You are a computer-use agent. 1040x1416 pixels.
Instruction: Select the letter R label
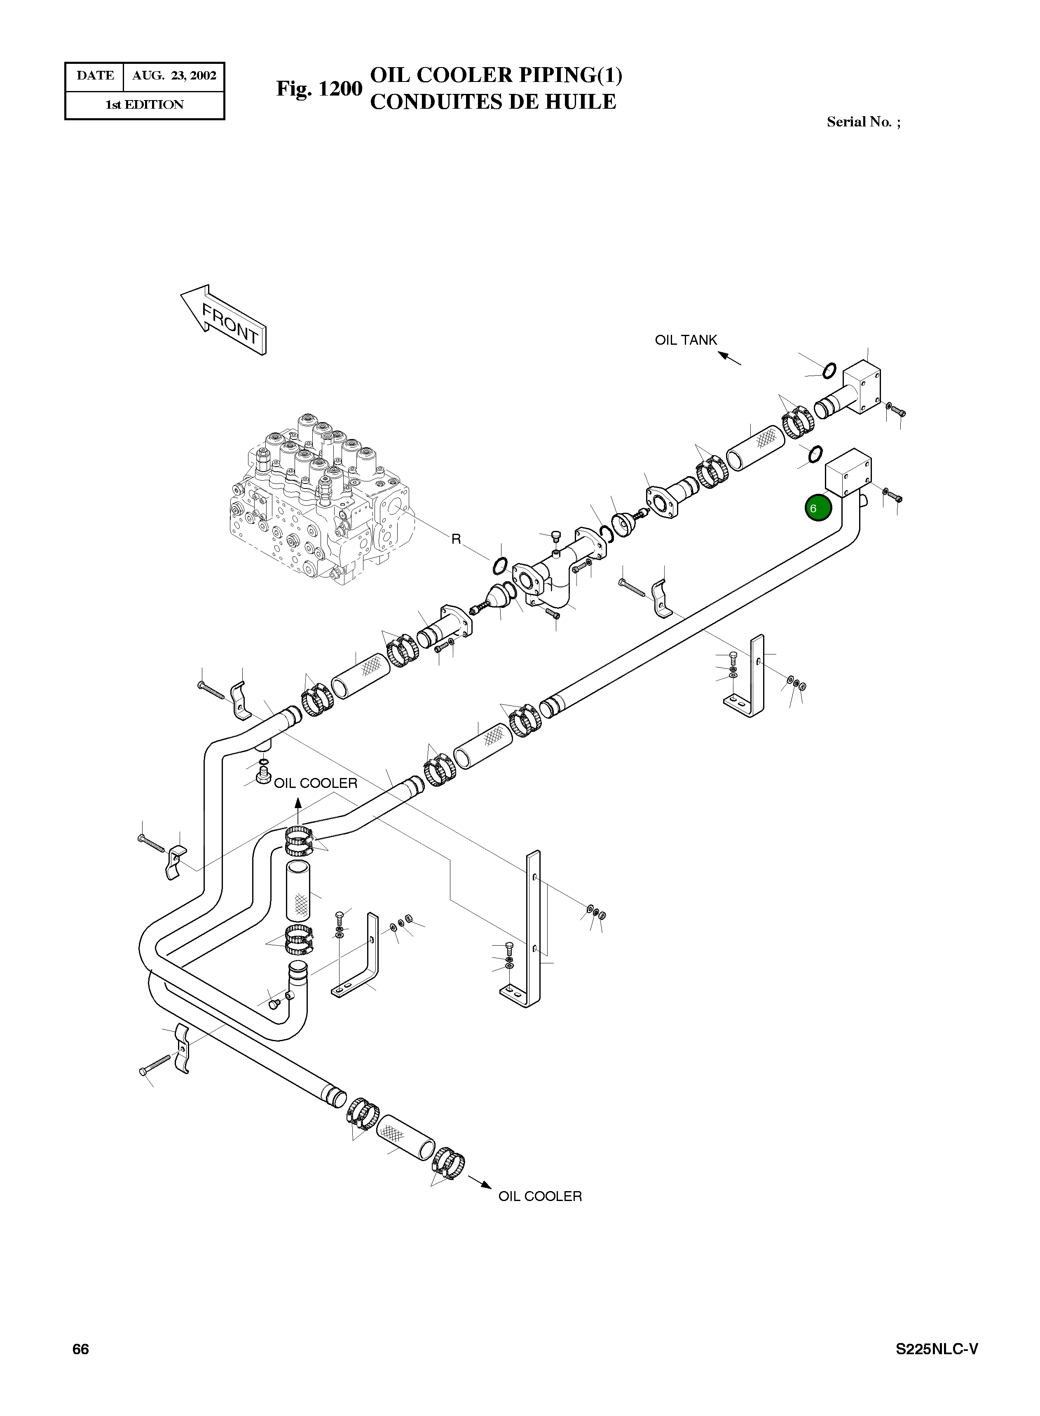(x=456, y=539)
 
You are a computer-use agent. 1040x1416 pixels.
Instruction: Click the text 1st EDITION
(x=145, y=105)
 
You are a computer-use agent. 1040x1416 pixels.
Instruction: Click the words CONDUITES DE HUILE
(x=493, y=102)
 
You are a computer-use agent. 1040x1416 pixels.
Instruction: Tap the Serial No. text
(x=863, y=122)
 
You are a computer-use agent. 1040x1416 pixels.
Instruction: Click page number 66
(x=81, y=1367)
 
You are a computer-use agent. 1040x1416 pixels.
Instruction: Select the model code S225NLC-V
(x=937, y=1367)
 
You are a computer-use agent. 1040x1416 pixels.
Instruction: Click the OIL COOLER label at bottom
(x=539, y=1196)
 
